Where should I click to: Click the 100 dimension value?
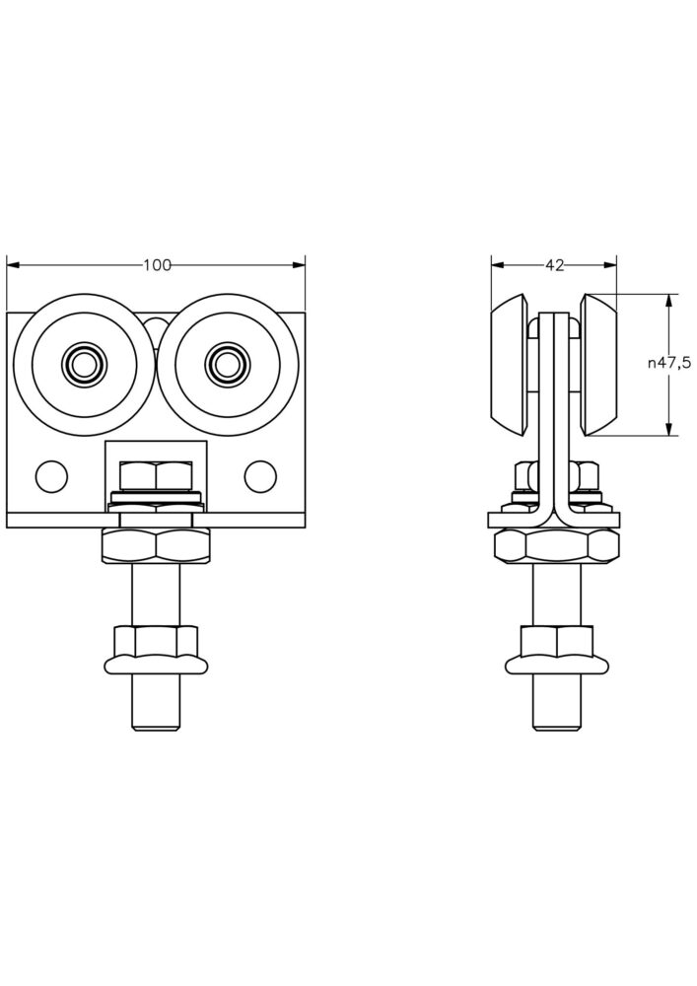pos(157,264)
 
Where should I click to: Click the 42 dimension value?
pos(554,264)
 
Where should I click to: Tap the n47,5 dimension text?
pos(668,363)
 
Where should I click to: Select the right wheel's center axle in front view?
pos(227,364)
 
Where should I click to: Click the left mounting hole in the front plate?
pos(50,476)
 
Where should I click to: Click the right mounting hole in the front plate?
pos(260,476)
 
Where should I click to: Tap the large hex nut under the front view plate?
pos(156,545)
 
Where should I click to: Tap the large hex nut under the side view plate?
pos(556,545)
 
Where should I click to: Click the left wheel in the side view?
pos(511,364)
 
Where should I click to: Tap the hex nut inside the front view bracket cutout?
pos(156,475)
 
